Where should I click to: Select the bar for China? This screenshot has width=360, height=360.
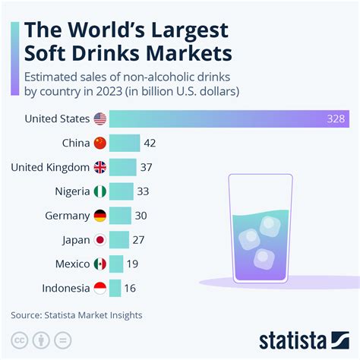tap(125, 143)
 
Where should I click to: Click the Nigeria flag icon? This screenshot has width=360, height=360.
tap(99, 191)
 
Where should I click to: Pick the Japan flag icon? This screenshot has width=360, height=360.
tap(99, 239)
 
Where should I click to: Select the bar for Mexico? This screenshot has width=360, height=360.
tap(116, 264)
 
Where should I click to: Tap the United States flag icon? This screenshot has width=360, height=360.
tap(99, 118)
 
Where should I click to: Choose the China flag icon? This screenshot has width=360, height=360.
tap(99, 143)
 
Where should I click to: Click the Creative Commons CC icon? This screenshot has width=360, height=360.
tap(17, 339)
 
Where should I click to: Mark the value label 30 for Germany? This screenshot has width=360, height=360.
tap(141, 215)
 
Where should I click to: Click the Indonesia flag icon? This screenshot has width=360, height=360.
tap(99, 288)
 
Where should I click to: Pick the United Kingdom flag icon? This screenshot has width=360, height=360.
tap(99, 167)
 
